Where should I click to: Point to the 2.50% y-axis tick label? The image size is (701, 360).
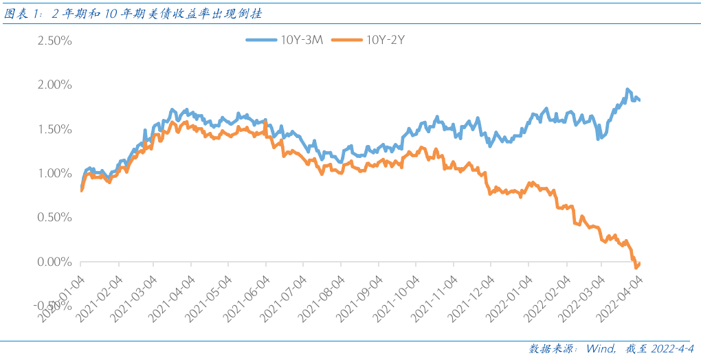51,41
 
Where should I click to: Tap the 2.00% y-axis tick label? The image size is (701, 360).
51,85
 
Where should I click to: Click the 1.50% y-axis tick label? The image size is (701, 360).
51,129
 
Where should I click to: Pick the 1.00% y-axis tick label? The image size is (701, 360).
51,173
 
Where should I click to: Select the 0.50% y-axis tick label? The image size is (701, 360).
51,218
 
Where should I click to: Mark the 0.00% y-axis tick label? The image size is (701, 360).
51,262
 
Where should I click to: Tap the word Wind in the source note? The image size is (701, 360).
600,348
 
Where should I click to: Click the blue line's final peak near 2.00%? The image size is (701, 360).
627,90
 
